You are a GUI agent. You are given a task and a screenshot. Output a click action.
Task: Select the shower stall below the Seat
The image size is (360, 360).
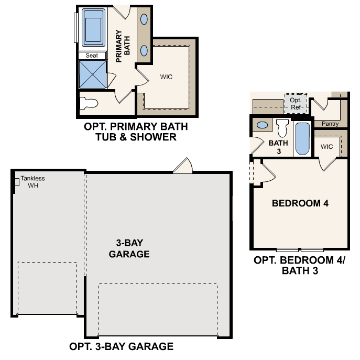coord(92,73)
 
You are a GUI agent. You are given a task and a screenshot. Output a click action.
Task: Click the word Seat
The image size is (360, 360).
coord(92,55)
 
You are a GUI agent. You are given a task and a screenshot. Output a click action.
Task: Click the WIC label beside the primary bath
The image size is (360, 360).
coord(166,77)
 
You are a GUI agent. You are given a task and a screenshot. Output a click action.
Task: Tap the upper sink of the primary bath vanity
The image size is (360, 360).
coord(144,19)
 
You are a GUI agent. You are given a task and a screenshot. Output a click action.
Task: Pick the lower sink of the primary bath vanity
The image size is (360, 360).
coord(144,51)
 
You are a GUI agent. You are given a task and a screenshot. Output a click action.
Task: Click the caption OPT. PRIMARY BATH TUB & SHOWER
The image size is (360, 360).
coord(135,132)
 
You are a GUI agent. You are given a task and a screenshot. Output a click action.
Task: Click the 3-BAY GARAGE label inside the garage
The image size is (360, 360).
coord(129,248)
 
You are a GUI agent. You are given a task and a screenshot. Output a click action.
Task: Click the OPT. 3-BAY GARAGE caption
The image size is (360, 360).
coord(121,346)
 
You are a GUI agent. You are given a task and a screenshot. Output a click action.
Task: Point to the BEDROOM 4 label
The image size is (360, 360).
coord(300,203)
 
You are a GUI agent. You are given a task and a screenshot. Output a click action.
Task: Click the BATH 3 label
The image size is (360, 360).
coord(278,147)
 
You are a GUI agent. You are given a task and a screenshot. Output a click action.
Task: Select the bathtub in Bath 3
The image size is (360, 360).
coord(302,138)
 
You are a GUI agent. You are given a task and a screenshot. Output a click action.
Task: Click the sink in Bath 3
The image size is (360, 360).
coord(262,126)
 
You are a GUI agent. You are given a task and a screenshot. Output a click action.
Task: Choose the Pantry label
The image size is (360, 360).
coord(330,124)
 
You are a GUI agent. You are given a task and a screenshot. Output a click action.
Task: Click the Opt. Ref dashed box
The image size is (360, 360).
coord(296,103)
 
